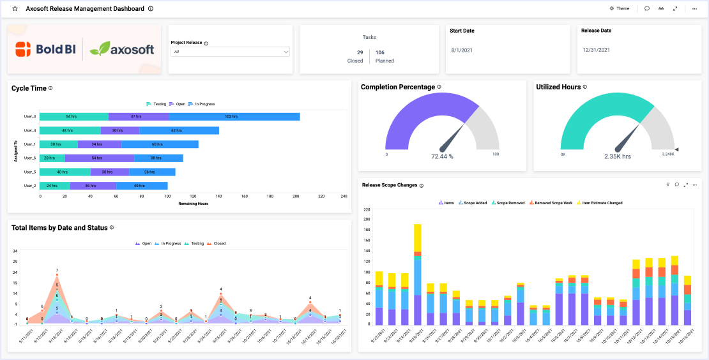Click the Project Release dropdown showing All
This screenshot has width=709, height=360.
coord(230,52)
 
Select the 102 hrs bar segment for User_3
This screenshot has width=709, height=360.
coord(231,117)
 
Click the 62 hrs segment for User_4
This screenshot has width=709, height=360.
coord(177,130)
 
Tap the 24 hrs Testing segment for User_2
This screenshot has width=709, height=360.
coord(54,186)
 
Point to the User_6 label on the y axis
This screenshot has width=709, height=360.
coord(29,158)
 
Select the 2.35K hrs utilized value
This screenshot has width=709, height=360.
coord(618,156)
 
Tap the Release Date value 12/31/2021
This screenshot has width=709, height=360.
coord(597,50)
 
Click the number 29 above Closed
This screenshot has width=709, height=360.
coord(360,52)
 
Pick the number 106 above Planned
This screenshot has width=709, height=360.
coord(379,52)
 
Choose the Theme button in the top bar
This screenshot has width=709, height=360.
coord(620,9)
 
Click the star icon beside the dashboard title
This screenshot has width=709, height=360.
coord(15,9)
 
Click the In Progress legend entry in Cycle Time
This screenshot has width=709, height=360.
coord(202,103)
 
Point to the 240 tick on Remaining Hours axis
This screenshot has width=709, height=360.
coord(344,197)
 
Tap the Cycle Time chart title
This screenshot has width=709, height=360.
coord(29,88)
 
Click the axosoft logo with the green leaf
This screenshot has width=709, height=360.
coord(121,49)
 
